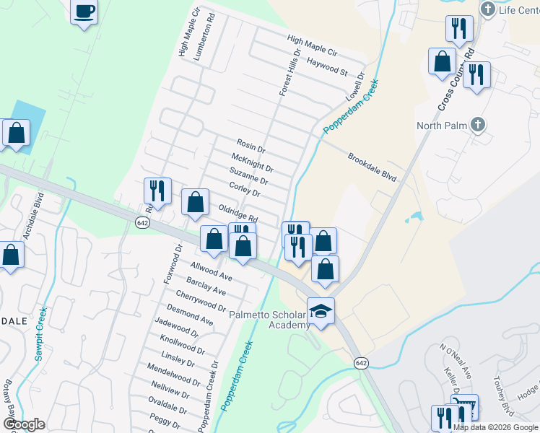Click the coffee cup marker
coord(84,12)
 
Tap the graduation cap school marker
coord(321,312)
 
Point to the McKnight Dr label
coord(251,162)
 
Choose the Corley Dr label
coord(244,189)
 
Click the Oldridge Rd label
coord(238,212)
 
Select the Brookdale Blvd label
coord(373,167)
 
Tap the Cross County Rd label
coord(456,79)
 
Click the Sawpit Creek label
coord(41,333)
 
